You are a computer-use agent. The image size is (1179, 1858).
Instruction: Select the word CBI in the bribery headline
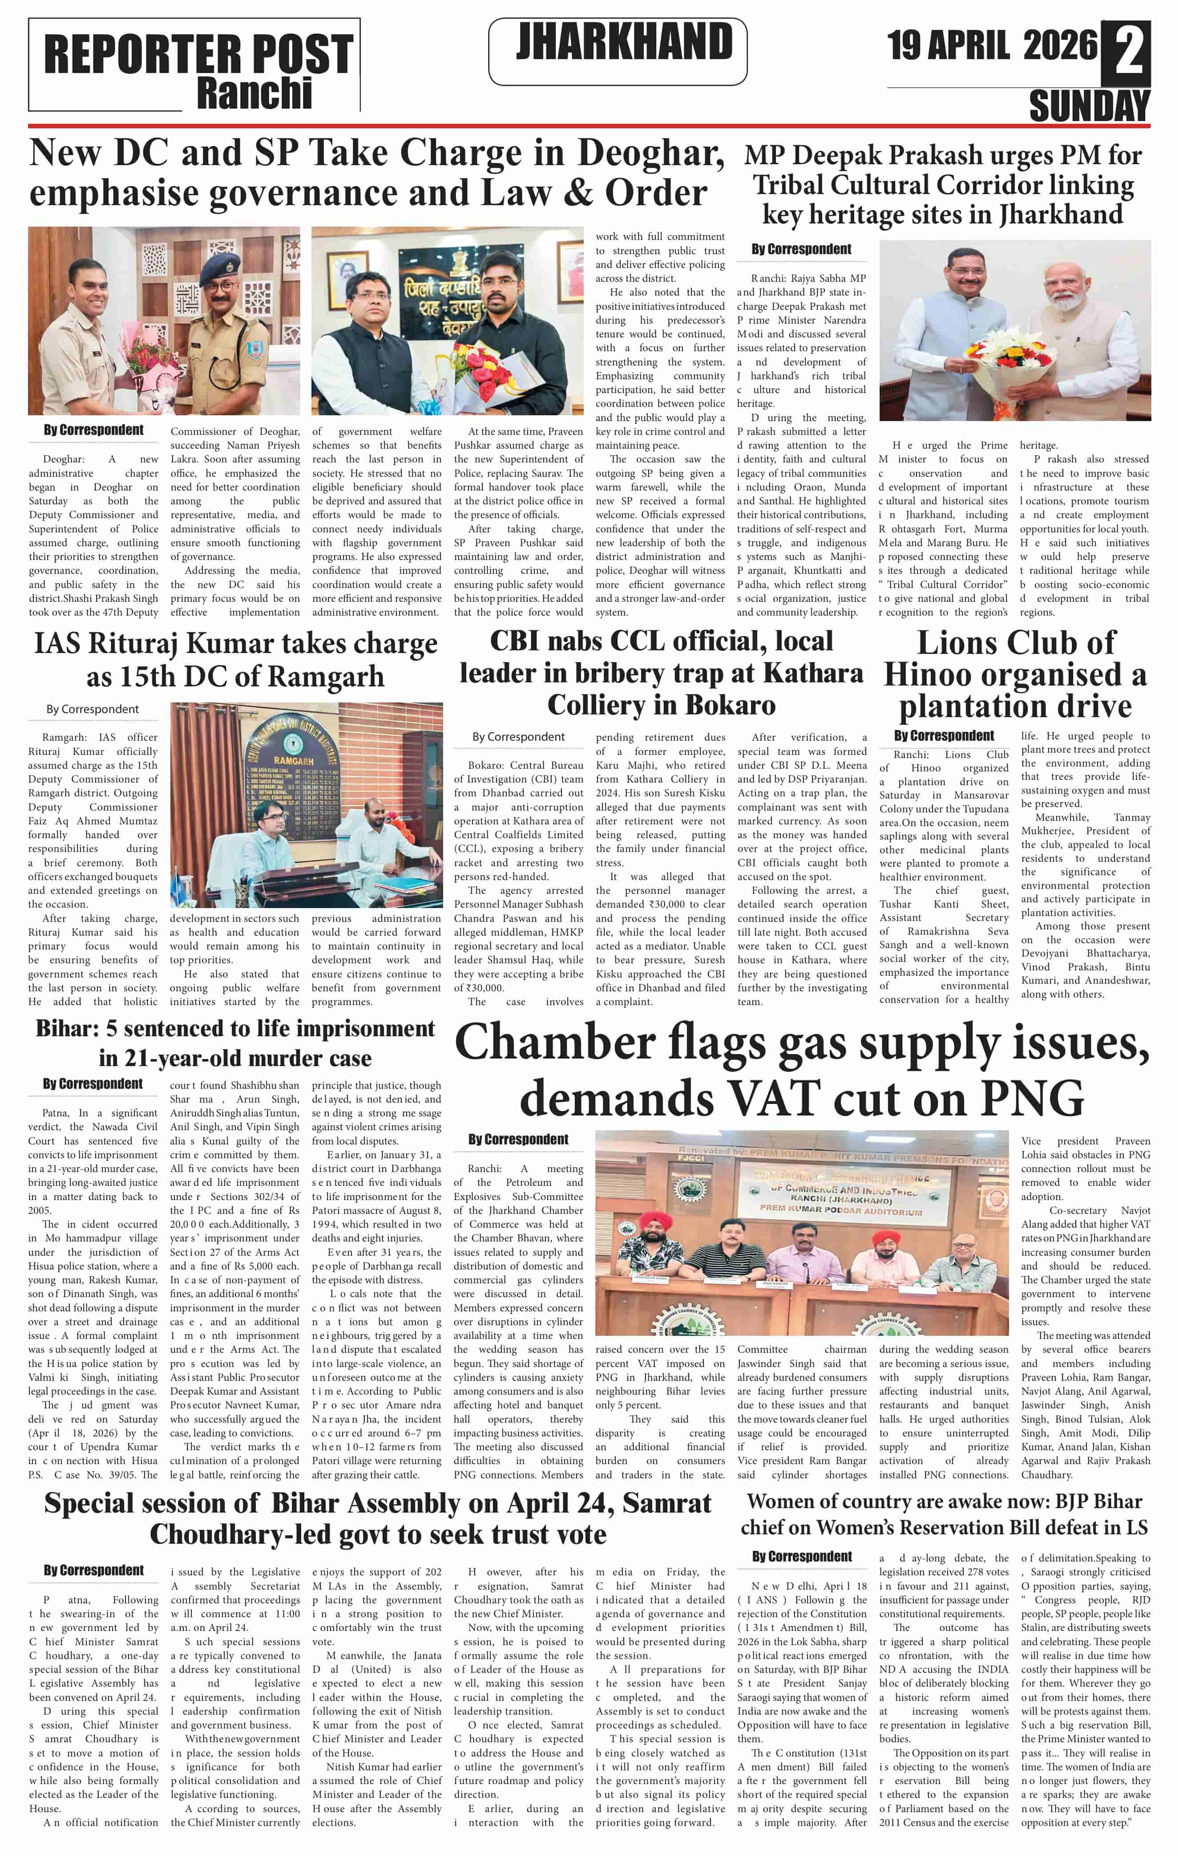(x=525, y=641)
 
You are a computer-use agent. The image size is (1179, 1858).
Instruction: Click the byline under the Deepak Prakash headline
(x=801, y=249)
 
